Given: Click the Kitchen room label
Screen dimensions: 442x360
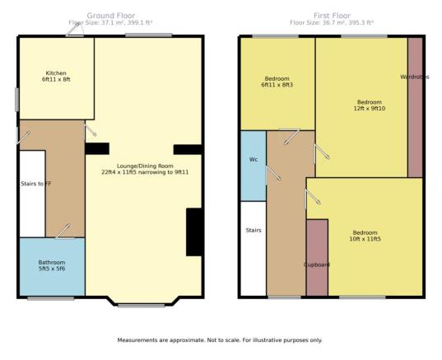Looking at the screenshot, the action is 56,77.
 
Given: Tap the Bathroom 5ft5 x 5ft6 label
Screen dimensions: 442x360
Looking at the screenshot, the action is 52,265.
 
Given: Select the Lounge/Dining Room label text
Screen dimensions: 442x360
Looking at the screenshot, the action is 145,169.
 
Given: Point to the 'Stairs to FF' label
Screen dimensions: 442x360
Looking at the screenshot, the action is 36,184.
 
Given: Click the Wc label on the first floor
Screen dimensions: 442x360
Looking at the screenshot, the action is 254,160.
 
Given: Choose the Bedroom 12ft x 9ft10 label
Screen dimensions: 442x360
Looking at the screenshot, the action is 370,105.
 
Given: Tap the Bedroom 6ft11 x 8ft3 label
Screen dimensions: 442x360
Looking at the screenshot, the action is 277,82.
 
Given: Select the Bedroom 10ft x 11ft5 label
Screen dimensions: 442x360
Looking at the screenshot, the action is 365,236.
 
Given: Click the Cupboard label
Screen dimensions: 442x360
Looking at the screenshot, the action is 317,264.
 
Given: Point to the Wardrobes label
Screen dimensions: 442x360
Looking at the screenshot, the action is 415,77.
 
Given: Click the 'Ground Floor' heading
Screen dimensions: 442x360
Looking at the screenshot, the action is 111,16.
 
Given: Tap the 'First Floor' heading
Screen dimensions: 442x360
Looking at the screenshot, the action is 332,16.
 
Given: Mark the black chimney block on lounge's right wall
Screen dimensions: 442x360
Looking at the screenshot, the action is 194,232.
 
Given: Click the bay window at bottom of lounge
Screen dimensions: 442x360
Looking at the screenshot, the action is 142,306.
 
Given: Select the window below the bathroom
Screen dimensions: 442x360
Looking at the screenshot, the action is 51,298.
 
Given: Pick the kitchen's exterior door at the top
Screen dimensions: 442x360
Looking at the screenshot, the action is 75,30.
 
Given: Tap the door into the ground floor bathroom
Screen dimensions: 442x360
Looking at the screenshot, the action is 63,231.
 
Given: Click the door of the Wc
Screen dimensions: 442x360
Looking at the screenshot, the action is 273,173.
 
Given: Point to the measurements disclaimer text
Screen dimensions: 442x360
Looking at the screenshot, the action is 220,340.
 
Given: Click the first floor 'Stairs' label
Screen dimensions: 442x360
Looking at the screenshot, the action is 254,230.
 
